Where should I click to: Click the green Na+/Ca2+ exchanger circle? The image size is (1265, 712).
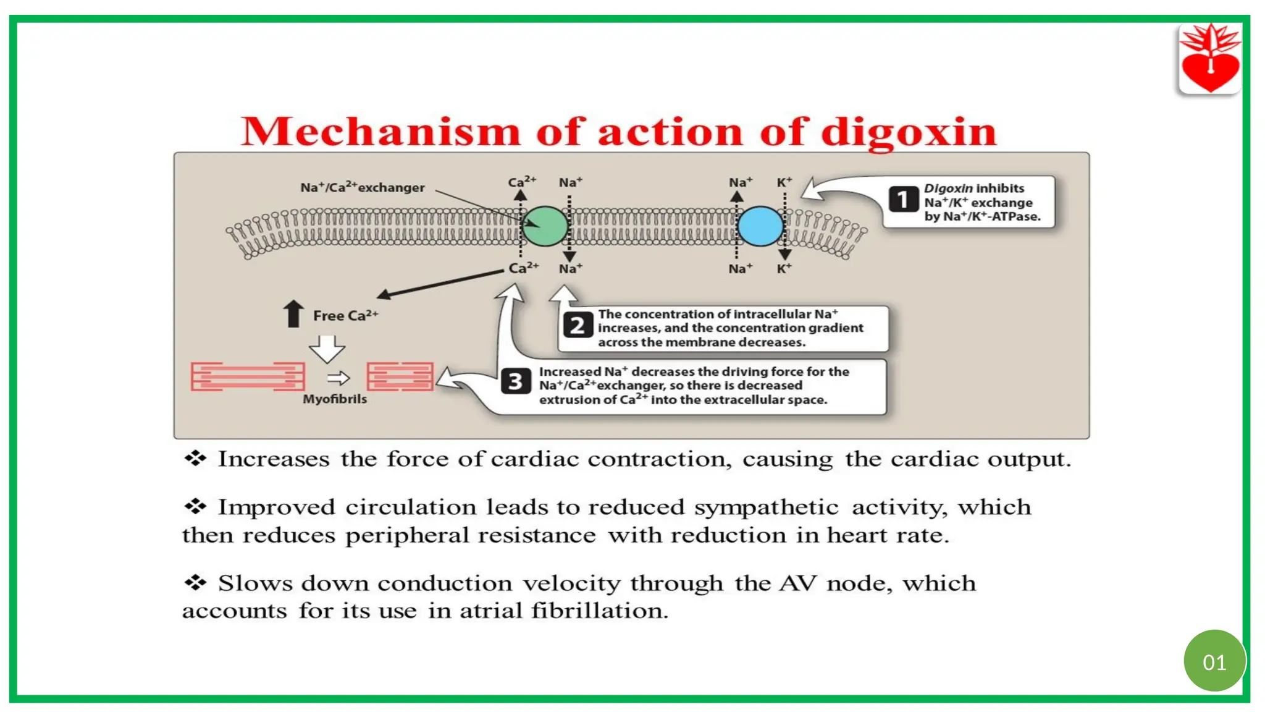tap(545, 226)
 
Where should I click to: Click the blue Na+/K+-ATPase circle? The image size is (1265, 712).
tap(760, 226)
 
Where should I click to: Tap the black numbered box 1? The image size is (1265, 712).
tap(903, 199)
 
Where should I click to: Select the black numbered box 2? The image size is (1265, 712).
tap(577, 325)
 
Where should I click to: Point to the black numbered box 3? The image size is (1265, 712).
tap(515, 381)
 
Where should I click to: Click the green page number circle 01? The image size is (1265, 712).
tap(1214, 662)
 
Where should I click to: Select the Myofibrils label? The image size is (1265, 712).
tap(335, 399)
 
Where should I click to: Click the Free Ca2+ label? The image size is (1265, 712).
tap(345, 315)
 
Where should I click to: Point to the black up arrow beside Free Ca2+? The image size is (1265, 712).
tap(293, 313)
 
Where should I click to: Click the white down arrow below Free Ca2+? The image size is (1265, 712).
tap(327, 349)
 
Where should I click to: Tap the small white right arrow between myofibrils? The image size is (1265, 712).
tap(338, 378)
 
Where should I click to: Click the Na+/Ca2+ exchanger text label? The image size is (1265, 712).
tap(363, 187)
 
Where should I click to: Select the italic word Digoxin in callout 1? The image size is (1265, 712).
tap(948, 188)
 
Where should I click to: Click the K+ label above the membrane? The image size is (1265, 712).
tap(784, 182)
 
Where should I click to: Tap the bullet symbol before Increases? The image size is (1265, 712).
tap(195, 458)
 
